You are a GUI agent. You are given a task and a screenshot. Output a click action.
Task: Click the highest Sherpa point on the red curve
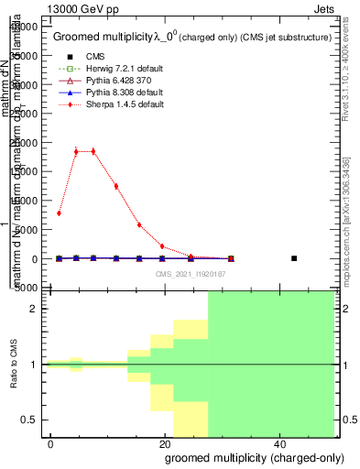[x=76, y=151]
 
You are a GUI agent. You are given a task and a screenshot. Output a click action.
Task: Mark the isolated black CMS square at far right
[x=294, y=258]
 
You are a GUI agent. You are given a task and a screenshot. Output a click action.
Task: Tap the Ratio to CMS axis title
[x=15, y=365]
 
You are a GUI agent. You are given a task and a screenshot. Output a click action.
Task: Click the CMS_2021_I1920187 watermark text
[x=190, y=273]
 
